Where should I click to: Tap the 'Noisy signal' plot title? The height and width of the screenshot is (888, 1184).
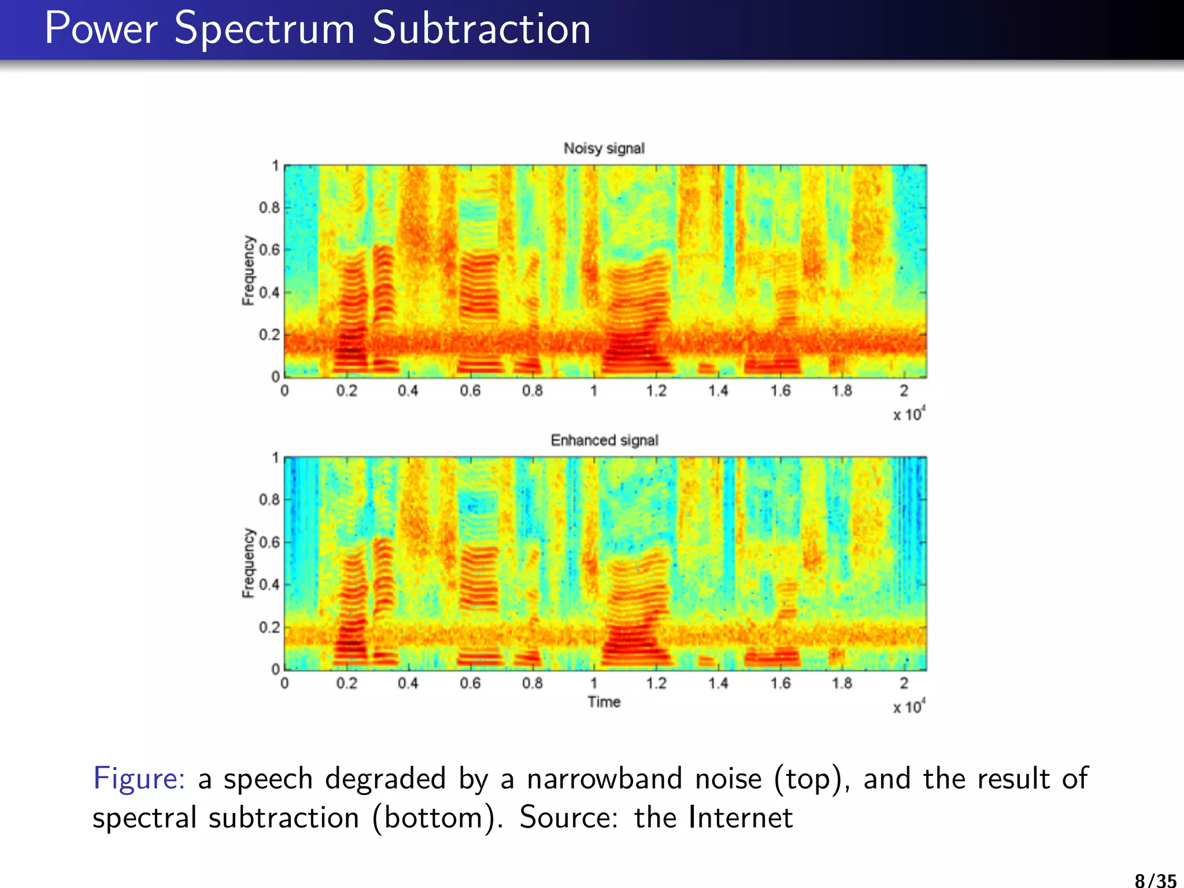(604, 149)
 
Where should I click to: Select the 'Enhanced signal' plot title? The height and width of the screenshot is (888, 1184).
(604, 441)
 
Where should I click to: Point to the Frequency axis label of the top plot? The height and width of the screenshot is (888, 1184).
(248, 270)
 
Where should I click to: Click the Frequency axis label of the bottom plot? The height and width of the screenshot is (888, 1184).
(248, 563)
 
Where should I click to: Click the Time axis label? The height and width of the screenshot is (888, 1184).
(604, 702)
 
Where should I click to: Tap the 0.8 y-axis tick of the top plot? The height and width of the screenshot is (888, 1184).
(269, 208)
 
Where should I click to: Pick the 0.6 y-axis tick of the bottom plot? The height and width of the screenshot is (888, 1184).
(269, 542)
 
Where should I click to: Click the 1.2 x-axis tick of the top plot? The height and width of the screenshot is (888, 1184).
(656, 391)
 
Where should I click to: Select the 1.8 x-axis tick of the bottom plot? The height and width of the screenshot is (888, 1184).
(842, 683)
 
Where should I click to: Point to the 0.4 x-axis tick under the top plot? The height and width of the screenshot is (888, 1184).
(408, 391)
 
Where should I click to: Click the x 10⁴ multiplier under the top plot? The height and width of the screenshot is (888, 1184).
(908, 415)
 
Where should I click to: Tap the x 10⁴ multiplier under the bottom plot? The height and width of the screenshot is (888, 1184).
(908, 706)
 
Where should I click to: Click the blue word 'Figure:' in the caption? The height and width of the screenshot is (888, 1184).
(139, 778)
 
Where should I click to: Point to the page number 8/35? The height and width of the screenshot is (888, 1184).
(1155, 880)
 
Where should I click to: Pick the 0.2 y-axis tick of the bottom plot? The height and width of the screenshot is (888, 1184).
(269, 627)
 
